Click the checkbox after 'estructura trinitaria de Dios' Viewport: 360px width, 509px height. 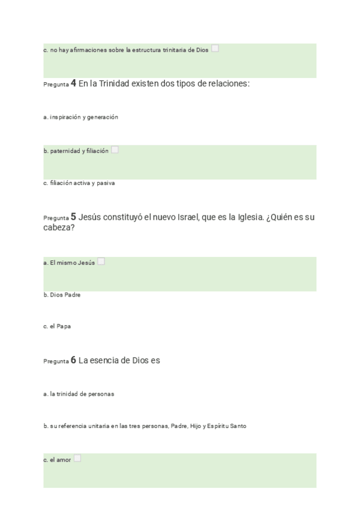point(215,49)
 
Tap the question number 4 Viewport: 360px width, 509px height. point(73,83)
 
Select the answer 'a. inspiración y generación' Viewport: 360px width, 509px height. point(80,117)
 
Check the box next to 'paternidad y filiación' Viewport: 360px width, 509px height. point(115,150)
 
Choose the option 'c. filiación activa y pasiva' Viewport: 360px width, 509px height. point(79,183)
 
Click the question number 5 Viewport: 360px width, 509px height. point(73,217)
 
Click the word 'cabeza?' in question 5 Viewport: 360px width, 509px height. point(59,228)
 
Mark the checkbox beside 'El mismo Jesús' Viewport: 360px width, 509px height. point(101,262)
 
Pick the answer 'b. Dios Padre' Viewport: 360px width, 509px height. point(62,295)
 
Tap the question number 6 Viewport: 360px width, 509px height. point(73,361)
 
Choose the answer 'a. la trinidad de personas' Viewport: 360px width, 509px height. point(79,394)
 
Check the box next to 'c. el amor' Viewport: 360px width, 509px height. point(77,459)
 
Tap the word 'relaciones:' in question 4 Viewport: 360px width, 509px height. point(227,83)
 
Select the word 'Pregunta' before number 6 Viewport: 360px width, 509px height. point(56,362)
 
